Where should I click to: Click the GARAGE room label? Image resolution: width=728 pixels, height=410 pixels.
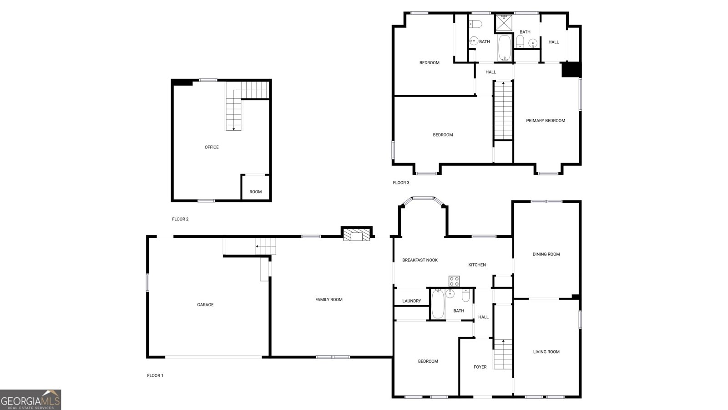coord(205,305)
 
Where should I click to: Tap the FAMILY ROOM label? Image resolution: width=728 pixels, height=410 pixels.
coord(329,299)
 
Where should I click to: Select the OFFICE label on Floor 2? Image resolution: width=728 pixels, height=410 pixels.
coord(212,147)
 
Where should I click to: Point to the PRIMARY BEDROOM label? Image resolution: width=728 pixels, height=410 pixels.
coord(546,121)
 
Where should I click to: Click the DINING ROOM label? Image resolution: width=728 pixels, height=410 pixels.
coord(546,254)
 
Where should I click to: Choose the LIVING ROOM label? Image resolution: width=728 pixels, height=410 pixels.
coord(546,352)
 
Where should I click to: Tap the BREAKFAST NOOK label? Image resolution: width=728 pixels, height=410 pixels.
coord(420,260)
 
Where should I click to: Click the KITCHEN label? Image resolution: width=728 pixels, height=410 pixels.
coord(477,265)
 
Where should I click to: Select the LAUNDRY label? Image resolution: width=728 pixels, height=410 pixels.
coord(412,301)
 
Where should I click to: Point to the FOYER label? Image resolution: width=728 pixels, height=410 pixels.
coord(480,367)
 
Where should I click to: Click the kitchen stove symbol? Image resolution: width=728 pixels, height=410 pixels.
coord(454,281)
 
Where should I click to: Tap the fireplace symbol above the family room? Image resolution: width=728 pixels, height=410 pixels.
coord(357,235)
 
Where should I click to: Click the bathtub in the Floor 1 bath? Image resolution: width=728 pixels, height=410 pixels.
coord(438,304)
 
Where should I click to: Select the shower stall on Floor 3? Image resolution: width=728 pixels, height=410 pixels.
coord(504,22)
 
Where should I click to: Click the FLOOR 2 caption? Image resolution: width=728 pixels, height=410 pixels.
coord(180,219)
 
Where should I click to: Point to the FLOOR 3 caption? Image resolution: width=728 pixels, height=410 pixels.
coord(401,183)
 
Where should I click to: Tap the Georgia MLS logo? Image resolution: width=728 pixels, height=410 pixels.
coord(30,400)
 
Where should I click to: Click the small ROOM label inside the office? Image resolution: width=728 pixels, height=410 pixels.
coord(256,192)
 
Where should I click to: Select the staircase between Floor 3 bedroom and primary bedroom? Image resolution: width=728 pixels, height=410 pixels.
coord(503,111)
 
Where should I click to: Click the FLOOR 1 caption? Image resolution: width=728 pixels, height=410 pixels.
coord(155,375)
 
